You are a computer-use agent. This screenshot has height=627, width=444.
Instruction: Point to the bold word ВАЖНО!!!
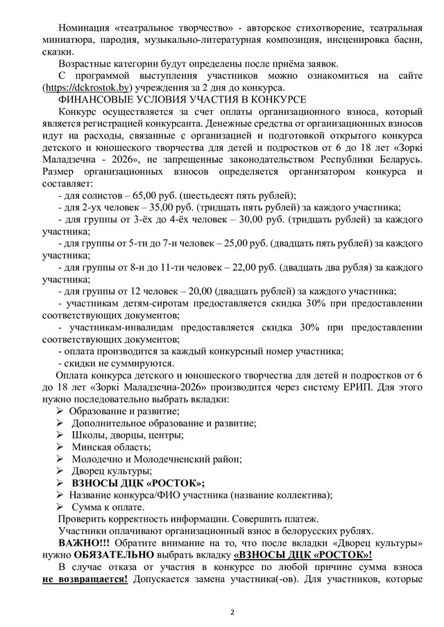point(83,542)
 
